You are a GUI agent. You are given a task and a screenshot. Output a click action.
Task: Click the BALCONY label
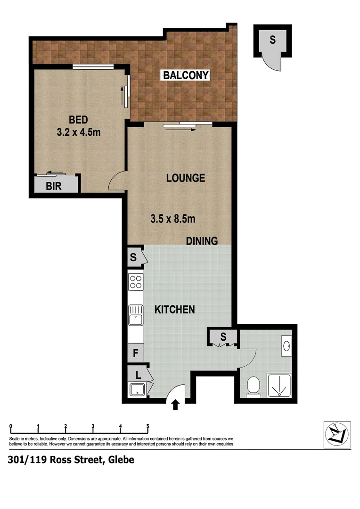coord(186,75)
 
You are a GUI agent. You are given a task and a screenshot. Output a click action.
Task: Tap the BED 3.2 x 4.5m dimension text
coord(78,126)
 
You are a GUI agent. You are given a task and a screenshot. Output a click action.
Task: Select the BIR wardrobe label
coord(53,186)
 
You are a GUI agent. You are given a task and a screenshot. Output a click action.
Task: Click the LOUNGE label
coord(186,178)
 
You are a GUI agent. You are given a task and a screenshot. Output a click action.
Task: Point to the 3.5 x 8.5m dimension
coord(173,219)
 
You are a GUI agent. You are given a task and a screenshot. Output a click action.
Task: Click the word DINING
coord(202,241)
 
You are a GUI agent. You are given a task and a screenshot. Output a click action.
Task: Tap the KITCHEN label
coord(175,310)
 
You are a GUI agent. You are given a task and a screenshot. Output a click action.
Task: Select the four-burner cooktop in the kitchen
coord(136,282)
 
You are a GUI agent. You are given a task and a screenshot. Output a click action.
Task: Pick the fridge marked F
coord(135,352)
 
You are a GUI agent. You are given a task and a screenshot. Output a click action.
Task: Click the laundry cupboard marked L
coord(138,376)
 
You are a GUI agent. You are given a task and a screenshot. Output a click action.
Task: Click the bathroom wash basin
coord(287,347)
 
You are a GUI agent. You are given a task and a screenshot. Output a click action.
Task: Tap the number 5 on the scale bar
coord(148,427)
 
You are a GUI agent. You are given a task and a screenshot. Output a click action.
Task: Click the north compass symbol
coord(337,432)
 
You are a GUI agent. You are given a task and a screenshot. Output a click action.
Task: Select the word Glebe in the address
coord(121,460)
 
